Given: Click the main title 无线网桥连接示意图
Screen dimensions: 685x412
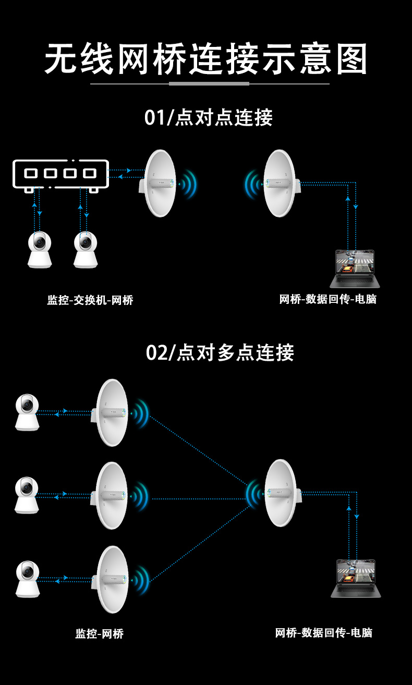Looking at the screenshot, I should point(206,58).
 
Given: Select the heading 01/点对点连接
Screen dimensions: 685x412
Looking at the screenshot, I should point(208,118).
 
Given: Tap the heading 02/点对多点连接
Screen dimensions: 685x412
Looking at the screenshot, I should point(220,353).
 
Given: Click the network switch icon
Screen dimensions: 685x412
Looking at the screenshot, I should point(61,174).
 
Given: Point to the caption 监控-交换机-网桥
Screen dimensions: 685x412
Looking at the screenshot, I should point(90,300).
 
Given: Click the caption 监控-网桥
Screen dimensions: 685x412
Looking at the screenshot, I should point(100,633).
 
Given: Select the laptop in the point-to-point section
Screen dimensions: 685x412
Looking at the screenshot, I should point(355,268).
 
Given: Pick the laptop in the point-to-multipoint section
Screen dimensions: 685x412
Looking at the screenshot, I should point(356,578).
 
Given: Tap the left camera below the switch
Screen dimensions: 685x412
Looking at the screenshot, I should point(40,250).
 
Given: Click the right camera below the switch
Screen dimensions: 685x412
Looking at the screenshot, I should point(86,250).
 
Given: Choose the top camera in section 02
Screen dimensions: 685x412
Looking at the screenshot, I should point(27,412).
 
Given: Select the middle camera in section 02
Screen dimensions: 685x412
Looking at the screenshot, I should point(27,495).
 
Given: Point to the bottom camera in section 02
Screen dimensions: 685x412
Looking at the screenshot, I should point(27,579).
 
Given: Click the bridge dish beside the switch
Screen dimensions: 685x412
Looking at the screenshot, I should point(160,183).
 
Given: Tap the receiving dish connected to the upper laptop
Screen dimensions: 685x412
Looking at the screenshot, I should point(280,183).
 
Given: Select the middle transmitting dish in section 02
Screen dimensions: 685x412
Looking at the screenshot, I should point(112,495).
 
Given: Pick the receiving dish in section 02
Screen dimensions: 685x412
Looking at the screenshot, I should point(281,493).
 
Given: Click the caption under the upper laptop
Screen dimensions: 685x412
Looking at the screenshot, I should point(328,299).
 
